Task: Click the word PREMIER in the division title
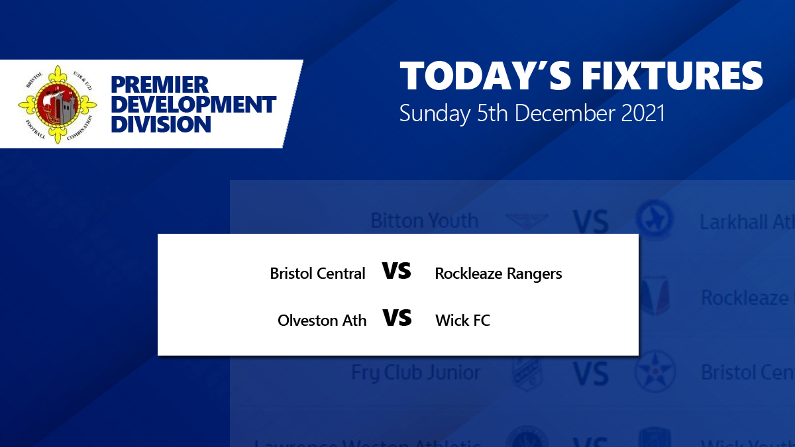click(x=159, y=85)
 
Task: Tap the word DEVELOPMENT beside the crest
click(x=193, y=105)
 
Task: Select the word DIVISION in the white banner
click(x=161, y=124)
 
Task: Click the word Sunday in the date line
click(x=434, y=113)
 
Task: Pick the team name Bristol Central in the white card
click(x=317, y=273)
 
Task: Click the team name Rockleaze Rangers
click(x=498, y=273)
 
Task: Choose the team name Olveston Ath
click(x=322, y=321)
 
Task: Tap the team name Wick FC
click(x=462, y=321)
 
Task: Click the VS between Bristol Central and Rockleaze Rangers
click(x=397, y=271)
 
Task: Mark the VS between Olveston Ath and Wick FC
click(x=397, y=319)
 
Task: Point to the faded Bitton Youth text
click(x=424, y=220)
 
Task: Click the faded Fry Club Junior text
click(x=416, y=373)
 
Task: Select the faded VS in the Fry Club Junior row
click(x=590, y=374)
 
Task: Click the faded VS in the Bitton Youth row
click(x=590, y=223)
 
